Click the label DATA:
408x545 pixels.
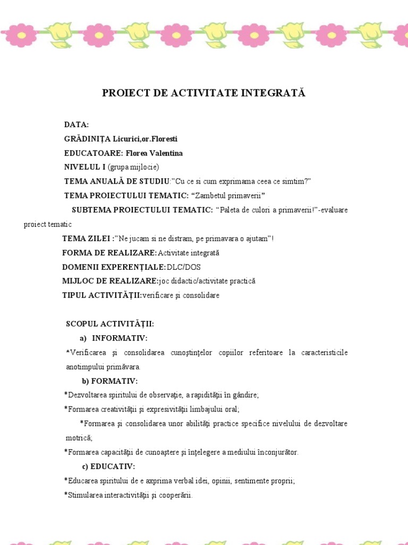coord(76,125)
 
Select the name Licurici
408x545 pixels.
coord(126,139)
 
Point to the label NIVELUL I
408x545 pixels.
coord(84,167)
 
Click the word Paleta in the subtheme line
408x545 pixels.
coord(232,210)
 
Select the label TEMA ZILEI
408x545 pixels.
coord(86,238)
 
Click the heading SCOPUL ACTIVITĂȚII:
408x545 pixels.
coord(110,324)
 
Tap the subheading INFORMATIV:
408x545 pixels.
coord(120,338)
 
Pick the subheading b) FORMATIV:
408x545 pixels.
coord(109,381)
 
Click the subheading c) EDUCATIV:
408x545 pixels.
coord(108,467)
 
